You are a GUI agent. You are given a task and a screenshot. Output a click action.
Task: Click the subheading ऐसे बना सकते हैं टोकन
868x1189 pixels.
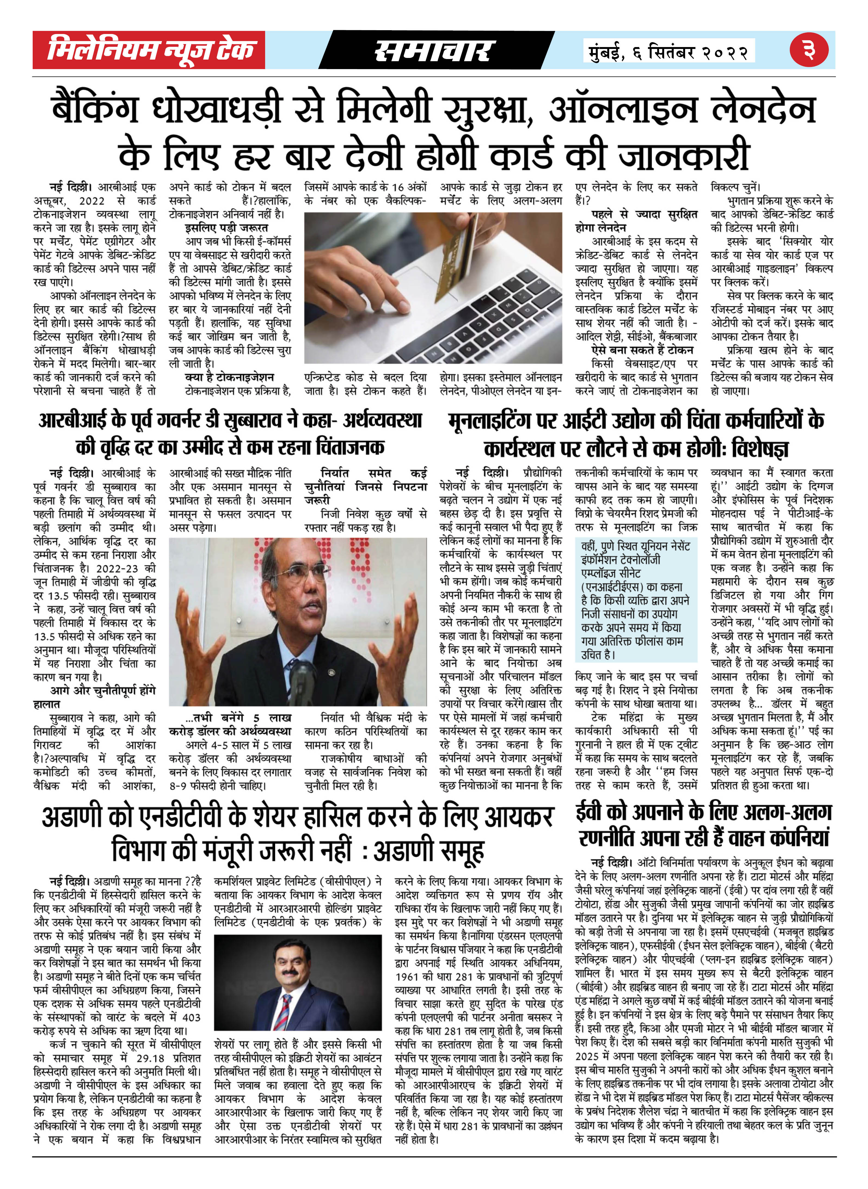click(642, 350)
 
